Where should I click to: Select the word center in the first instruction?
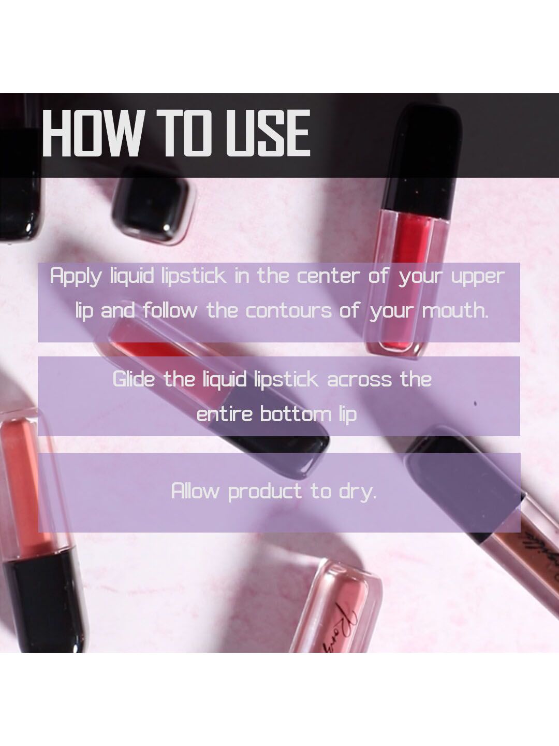328,276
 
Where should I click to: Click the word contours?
288,311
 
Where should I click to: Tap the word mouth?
455,310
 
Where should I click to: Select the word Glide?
134,379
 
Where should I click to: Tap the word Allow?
195,491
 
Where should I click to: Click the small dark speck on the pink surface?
475,404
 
